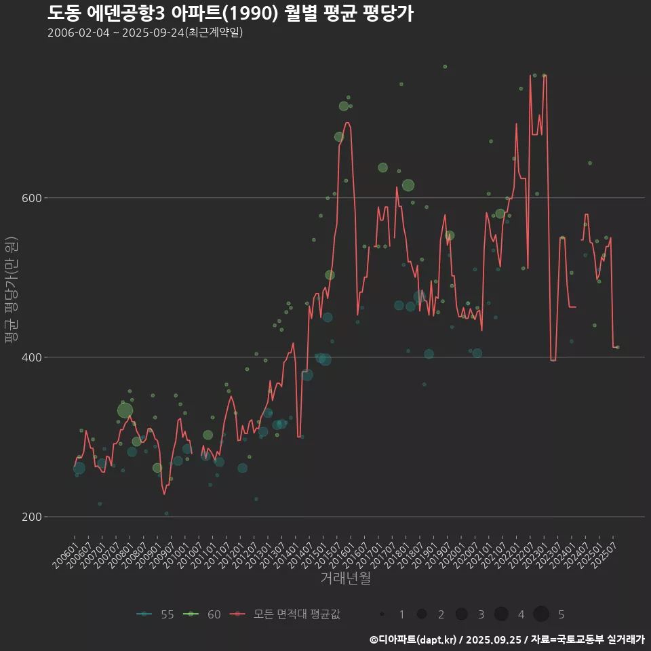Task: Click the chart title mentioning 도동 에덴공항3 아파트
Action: [231, 13]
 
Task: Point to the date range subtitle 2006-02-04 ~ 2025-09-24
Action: [145, 33]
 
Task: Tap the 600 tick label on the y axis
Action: [27, 198]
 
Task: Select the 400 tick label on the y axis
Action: [27, 357]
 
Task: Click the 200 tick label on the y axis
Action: [27, 517]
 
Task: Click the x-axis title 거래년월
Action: [345, 578]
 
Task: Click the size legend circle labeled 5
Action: [540, 614]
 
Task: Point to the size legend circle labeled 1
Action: [382, 614]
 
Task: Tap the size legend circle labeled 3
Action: [461, 614]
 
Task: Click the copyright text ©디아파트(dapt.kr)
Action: [414, 639]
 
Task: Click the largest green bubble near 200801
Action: [125, 410]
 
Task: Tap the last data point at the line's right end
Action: [617, 347]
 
